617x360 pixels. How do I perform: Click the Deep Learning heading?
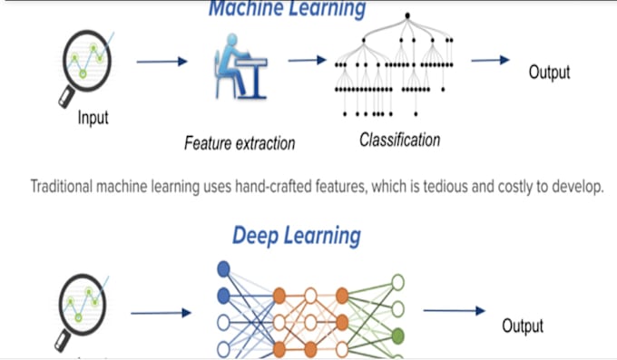tap(297, 236)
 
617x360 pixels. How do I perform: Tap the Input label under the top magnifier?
tap(93, 118)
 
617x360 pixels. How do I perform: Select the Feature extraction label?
tap(240, 142)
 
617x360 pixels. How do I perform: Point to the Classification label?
tap(399, 140)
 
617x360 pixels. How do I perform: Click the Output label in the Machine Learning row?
tap(549, 73)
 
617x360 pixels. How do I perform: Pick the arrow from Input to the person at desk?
tap(162, 62)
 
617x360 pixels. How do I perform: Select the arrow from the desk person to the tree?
tap(308, 61)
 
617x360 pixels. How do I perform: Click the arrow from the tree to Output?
tap(490, 61)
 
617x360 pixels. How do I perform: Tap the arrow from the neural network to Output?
tap(454, 311)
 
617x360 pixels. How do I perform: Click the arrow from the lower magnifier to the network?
tap(161, 314)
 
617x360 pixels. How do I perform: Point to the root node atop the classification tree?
tap(406, 15)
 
